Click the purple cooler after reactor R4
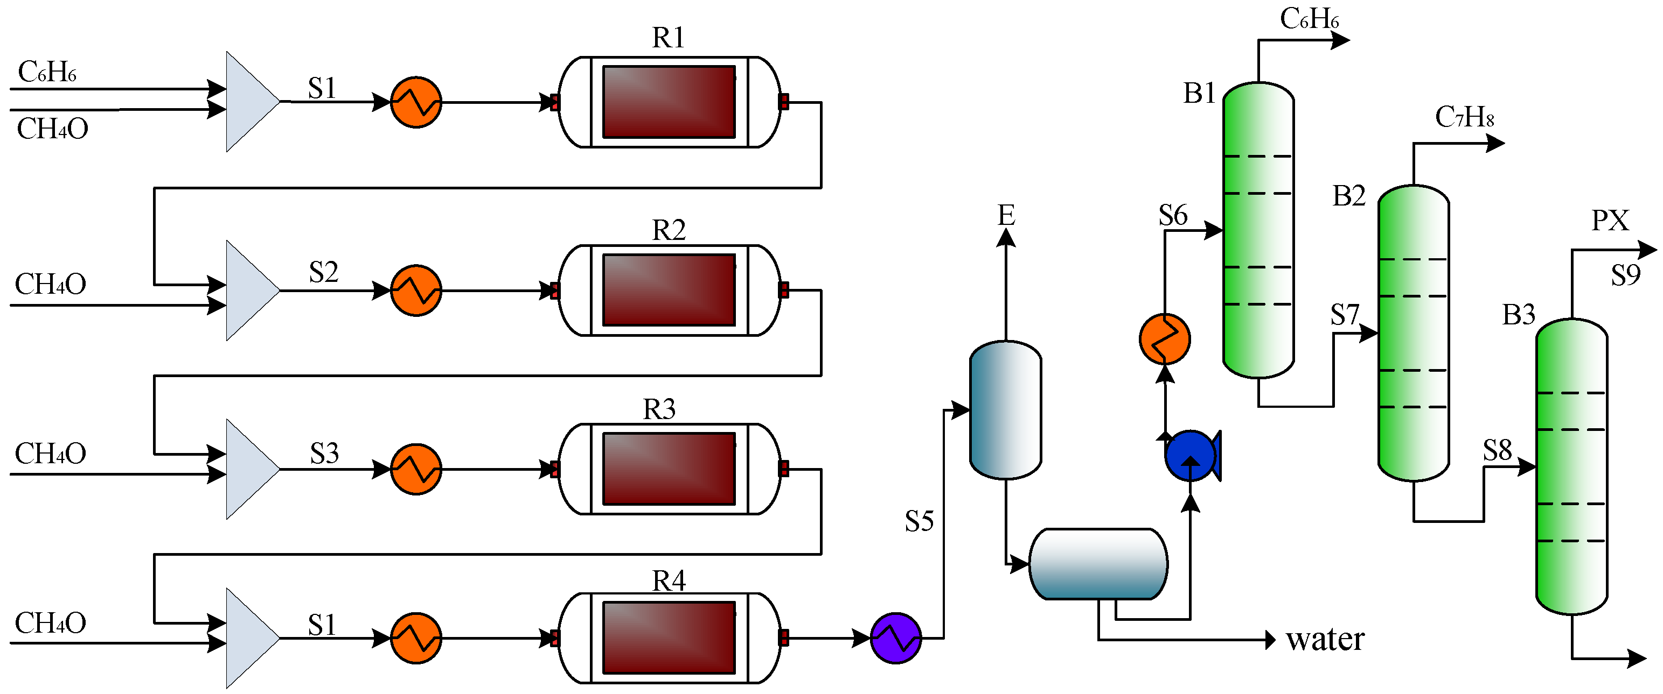895,638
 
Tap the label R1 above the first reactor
667,38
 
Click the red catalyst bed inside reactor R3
669,469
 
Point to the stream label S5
919,521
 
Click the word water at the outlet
1325,639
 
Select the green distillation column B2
1413,333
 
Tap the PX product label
1610,221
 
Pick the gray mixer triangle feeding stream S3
248,469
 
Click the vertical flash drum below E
1005,410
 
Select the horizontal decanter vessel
1097,564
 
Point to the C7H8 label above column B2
1464,117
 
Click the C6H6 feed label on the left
47,72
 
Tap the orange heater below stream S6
1164,338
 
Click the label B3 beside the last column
1519,315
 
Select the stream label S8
1497,450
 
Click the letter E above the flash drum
1006,215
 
